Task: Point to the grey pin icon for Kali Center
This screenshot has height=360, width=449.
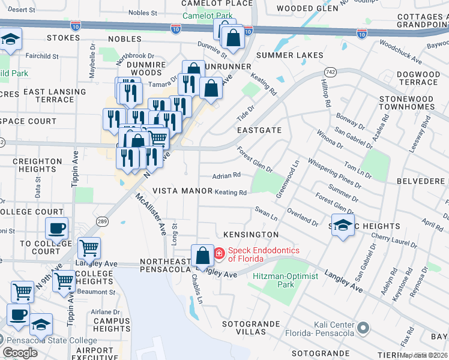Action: [x=363, y=328]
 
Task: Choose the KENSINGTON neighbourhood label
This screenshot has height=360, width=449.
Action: [x=251, y=234]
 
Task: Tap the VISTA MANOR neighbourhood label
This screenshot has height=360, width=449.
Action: [x=182, y=191]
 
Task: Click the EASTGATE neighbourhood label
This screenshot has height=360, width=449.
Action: [x=259, y=130]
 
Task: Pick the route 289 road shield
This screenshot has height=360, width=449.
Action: [x=103, y=220]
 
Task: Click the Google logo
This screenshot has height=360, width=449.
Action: [x=20, y=353]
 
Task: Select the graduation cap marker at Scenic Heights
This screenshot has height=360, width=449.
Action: [x=343, y=225]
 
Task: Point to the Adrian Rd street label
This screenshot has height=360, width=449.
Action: [x=227, y=176]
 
